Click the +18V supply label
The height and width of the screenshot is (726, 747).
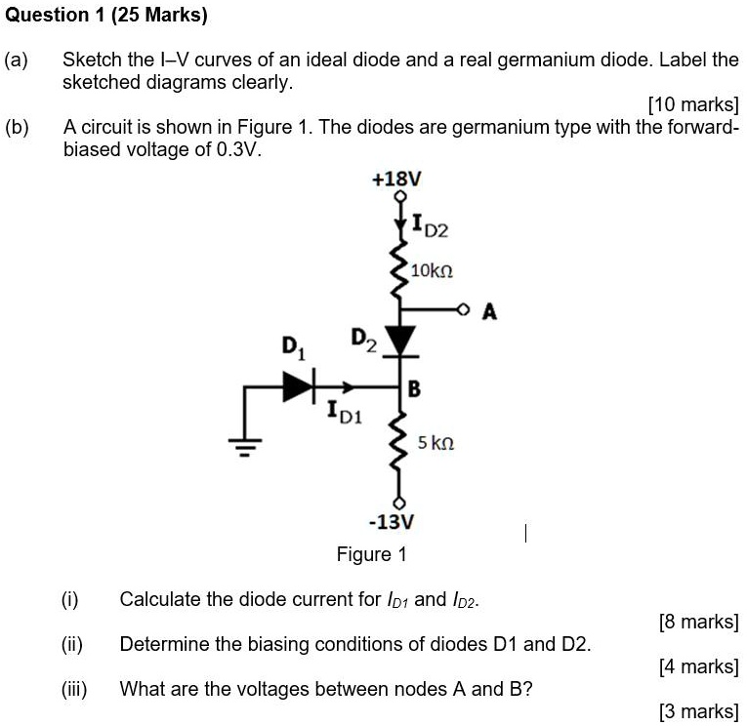point(397,180)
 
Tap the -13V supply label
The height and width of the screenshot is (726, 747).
point(397,522)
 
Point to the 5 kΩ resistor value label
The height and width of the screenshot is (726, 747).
point(436,443)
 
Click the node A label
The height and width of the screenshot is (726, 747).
point(489,312)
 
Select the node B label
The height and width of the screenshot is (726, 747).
point(413,390)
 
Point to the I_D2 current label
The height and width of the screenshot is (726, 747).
point(429,229)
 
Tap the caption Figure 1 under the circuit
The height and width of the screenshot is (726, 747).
point(371,555)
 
